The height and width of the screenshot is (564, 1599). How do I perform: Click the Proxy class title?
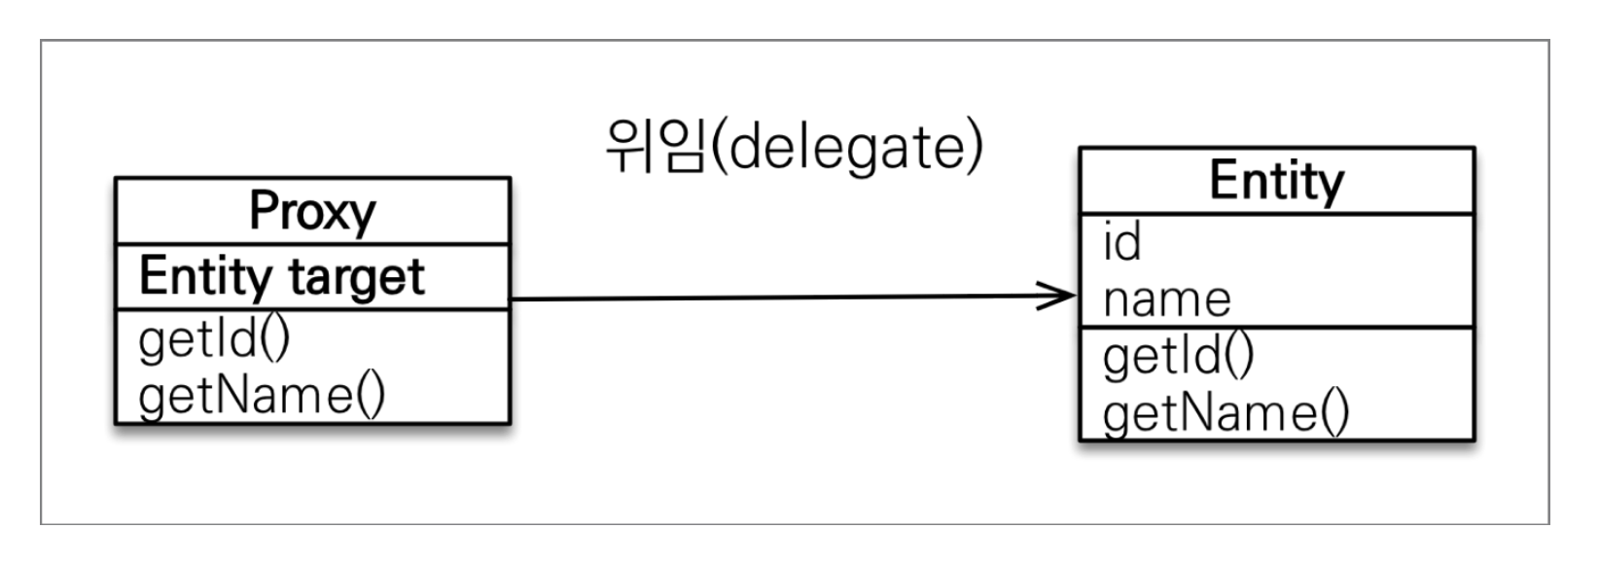tap(312, 210)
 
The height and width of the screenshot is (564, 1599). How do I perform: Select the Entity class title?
tap(1276, 181)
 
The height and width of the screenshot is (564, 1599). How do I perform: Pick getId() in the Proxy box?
tap(215, 339)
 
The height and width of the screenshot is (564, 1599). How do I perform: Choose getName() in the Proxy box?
tap(262, 395)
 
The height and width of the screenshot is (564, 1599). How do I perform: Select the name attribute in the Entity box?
tap(1166, 299)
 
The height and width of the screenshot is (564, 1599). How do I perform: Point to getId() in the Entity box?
tap(1179, 356)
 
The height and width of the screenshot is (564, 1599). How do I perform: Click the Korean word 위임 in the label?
tap(654, 148)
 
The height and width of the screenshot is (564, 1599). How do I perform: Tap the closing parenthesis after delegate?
tap(974, 149)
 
